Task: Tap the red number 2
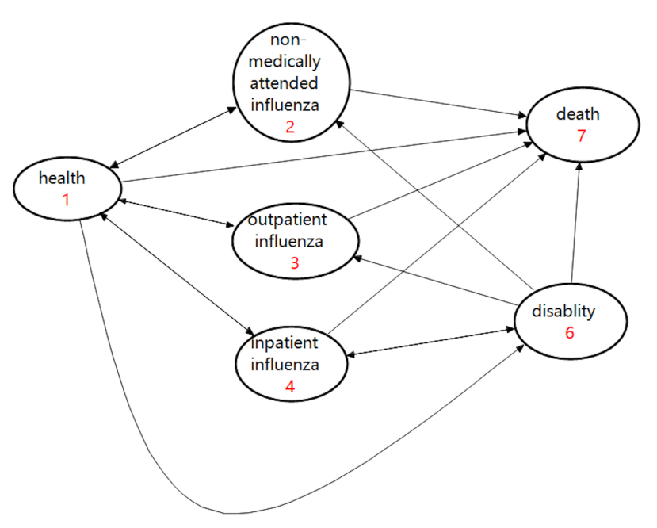290,126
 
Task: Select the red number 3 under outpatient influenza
294,262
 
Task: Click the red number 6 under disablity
569,332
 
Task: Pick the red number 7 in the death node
581,136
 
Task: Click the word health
62,178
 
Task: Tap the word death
578,114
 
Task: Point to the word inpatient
285,344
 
